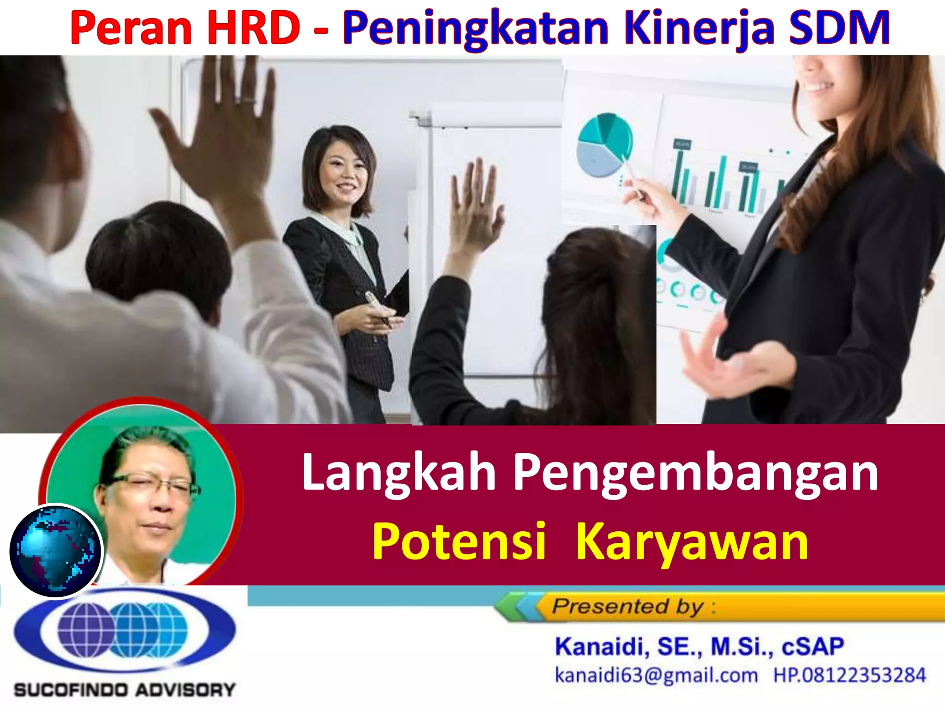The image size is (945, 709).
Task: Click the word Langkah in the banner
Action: (399, 473)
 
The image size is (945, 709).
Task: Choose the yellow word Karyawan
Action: (692, 542)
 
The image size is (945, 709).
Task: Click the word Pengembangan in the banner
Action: (696, 474)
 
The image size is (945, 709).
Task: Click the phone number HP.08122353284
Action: (849, 675)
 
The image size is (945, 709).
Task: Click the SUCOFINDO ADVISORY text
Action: (125, 690)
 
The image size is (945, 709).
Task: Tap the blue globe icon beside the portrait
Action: (55, 550)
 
